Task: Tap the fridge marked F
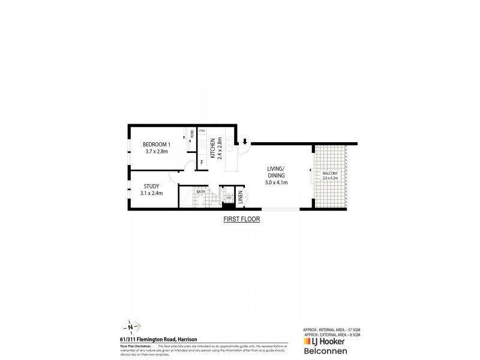click(202, 161)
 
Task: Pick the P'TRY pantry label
click(202, 131)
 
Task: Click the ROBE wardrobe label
click(192, 134)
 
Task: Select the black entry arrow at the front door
click(245, 142)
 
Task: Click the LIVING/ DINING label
click(275, 172)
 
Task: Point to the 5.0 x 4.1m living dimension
click(275, 182)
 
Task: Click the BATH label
click(201, 192)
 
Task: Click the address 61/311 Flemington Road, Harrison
click(160, 340)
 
